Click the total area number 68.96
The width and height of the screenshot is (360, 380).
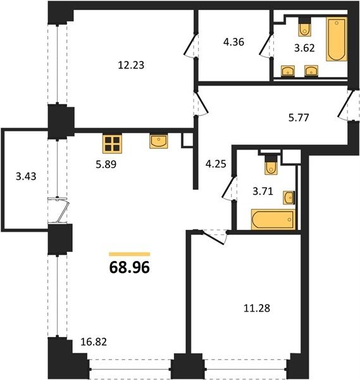pos(130,267)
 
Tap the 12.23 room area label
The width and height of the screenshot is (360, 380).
pos(131,65)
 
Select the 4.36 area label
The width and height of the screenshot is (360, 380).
pos(233,42)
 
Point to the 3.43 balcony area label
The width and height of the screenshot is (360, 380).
pos(26,176)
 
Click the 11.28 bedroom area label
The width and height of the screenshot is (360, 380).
pos(257,308)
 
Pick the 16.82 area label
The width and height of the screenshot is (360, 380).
pos(94,342)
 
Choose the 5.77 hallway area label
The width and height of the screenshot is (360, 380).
pos(299,118)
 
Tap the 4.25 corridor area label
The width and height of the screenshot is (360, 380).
pos(216,164)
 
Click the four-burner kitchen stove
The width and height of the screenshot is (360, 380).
pos(112,144)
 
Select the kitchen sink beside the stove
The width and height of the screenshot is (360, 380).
pos(159,141)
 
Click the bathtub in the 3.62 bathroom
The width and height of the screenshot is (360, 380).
pos(337,39)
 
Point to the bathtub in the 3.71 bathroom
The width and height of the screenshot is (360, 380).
pos(273,219)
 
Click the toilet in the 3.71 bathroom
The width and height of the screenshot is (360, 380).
pos(271,165)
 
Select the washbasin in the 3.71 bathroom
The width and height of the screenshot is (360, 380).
pos(289,198)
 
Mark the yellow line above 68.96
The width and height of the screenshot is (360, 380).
pos(130,254)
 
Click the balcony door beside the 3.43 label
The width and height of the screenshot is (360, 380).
pos(59,210)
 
